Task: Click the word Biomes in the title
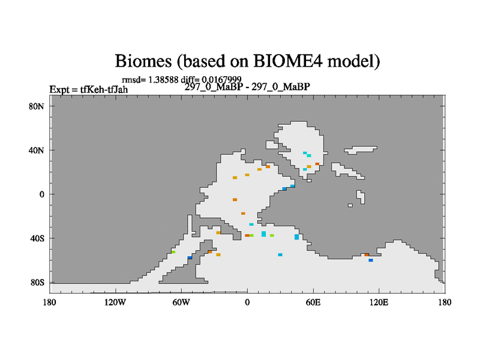143,61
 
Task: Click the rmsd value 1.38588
163,80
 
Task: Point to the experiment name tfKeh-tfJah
104,89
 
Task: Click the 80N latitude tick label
37,106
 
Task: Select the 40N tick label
37,151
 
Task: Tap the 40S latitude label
37,238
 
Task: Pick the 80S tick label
37,283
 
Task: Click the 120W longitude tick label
115,302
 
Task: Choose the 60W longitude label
181,302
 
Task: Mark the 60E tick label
313,302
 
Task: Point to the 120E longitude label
379,302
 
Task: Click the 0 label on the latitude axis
41,194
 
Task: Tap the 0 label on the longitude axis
247,302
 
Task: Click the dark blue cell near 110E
371,260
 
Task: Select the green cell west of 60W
173,252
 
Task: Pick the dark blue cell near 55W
190,257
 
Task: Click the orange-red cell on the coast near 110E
367,254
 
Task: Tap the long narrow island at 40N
361,149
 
